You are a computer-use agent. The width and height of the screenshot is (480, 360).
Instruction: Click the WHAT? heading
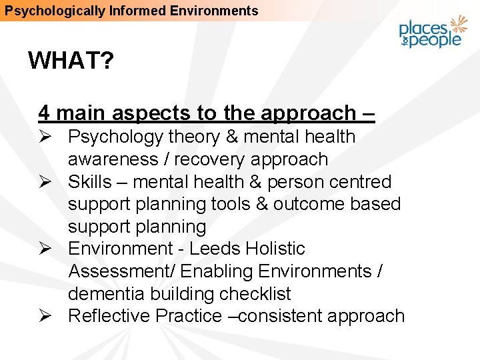click(71, 62)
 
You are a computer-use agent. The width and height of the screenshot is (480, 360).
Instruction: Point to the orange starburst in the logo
click(459, 25)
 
